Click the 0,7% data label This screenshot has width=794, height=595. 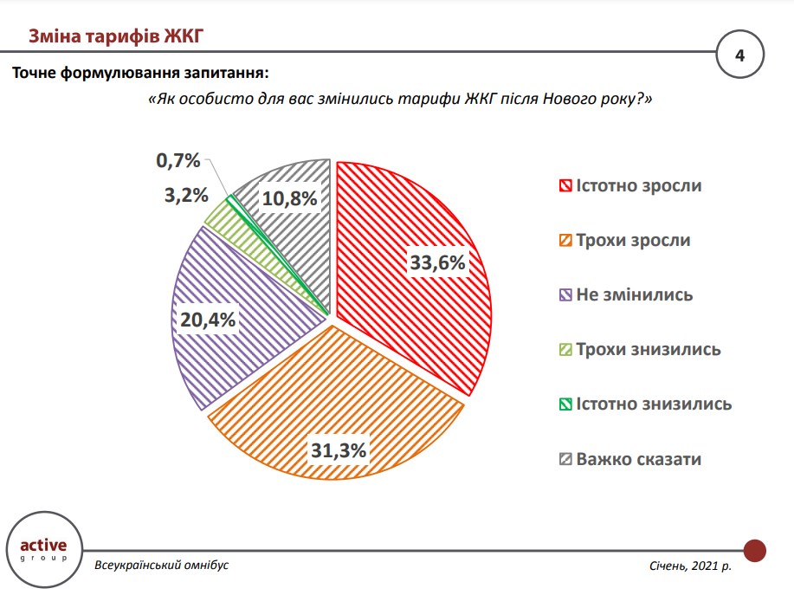[178, 160]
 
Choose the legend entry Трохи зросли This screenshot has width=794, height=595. [624, 240]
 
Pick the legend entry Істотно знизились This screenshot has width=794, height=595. [645, 404]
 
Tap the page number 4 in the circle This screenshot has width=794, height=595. [739, 55]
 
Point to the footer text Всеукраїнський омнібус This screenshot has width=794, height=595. [163, 565]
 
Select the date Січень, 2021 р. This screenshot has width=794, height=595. [689, 566]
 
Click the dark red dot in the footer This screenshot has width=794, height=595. [756, 549]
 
